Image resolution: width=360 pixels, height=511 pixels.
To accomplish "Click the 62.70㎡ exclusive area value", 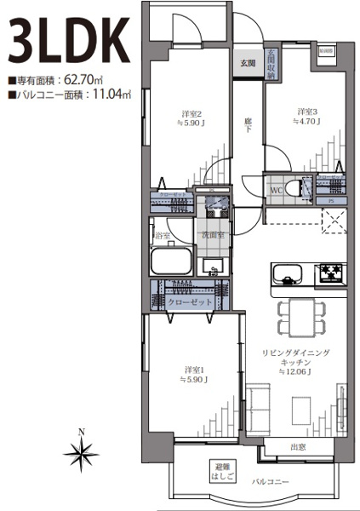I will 80,82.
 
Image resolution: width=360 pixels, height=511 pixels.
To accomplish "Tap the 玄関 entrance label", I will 247,63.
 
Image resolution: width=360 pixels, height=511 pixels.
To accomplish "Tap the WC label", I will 277,189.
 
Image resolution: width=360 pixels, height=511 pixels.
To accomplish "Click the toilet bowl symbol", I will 296,188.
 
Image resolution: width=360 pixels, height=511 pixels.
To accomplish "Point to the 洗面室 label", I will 212,234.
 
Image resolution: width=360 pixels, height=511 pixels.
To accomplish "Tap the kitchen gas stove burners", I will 330,273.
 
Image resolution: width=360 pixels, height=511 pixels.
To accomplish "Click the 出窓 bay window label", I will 297,446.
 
